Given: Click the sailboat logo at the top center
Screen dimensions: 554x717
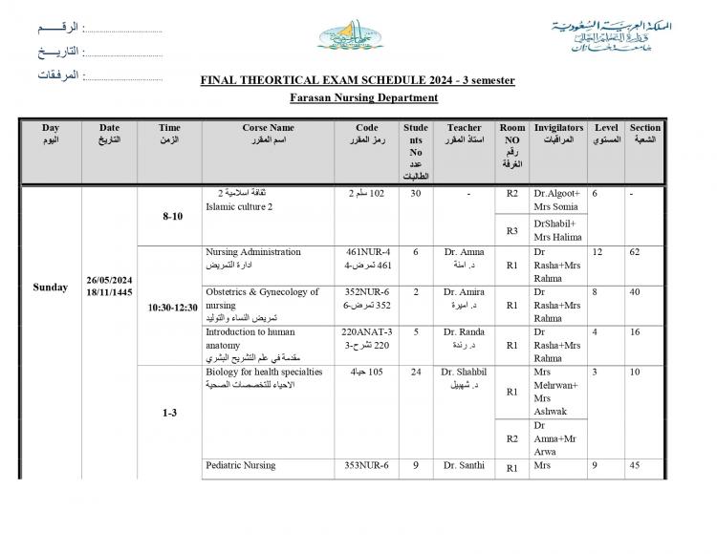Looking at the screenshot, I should click(353, 36).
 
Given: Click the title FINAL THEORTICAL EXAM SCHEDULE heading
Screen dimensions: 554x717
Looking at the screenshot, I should click(358, 80).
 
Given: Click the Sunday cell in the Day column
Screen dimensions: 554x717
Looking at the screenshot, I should click(50, 287).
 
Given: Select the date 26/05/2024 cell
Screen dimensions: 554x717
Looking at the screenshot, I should click(109, 281).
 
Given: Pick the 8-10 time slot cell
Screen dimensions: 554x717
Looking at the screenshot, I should click(172, 216).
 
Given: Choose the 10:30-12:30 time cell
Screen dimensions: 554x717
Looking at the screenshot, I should click(172, 308).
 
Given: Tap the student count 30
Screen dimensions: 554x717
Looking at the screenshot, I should click(415, 193).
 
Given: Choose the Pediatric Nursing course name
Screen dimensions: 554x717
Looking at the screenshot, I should click(241, 465).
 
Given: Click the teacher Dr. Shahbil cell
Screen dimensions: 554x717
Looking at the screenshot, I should click(464, 372).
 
